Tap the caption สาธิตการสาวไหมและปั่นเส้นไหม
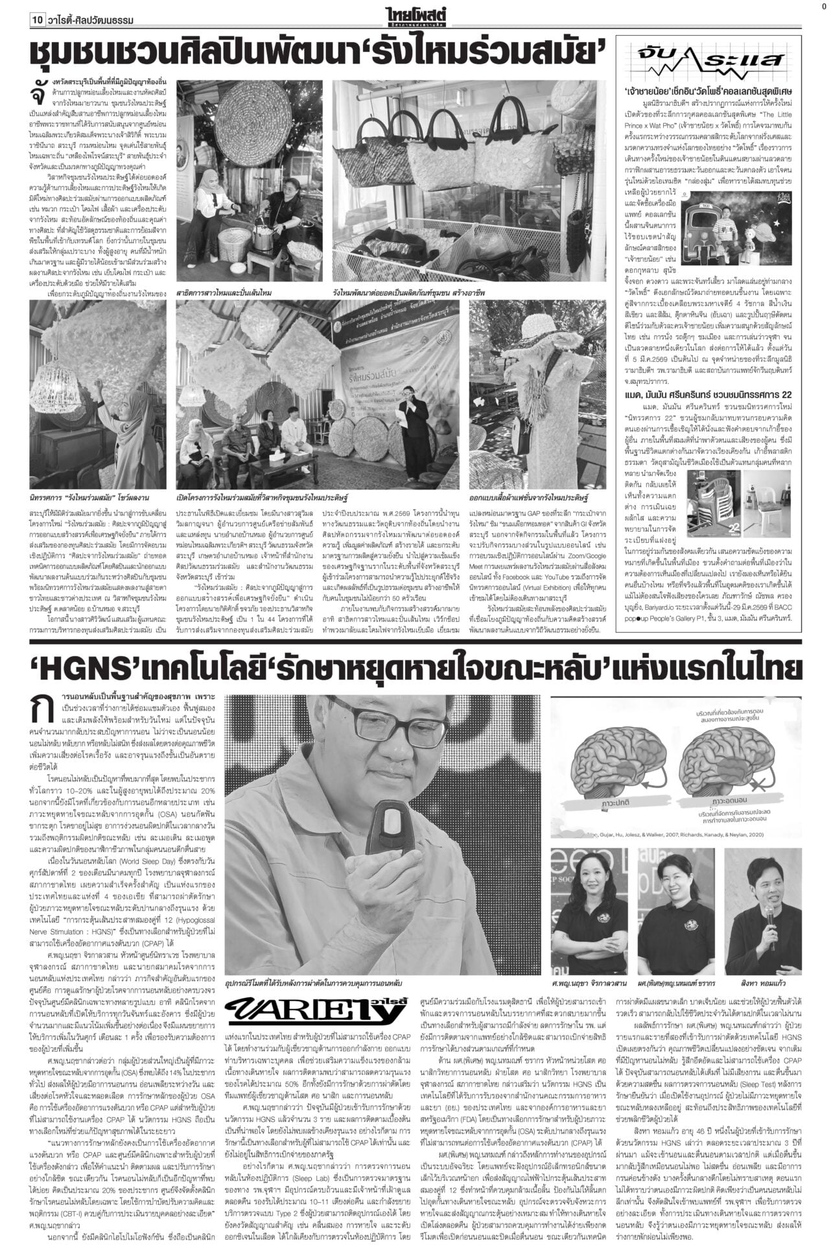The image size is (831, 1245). (x=224, y=293)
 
